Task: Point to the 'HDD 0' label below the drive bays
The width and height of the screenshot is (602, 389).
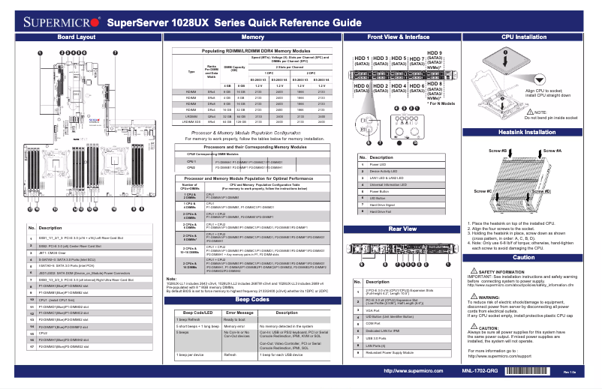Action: [x=362, y=87]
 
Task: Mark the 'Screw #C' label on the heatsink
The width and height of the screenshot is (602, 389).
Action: [x=483, y=191]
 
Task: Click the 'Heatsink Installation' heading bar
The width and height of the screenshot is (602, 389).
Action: [x=523, y=132]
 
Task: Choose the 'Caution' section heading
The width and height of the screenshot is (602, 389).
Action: [x=523, y=257]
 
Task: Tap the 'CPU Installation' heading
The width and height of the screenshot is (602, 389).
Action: [x=523, y=36]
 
